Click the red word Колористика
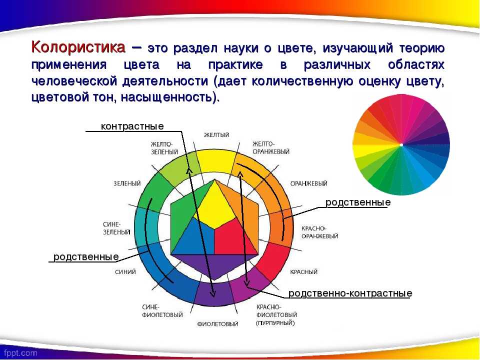click(78, 48)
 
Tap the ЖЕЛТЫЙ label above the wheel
click(216, 135)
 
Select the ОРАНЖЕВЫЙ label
click(308, 183)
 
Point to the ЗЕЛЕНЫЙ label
click(127, 183)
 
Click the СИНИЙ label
click(125, 272)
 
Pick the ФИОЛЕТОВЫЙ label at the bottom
click(217, 324)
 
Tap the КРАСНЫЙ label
click(303, 272)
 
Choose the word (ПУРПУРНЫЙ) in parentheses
click(275, 323)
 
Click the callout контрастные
click(132, 126)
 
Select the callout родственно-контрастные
click(350, 293)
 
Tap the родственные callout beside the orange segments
click(358, 202)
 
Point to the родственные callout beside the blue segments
click(86, 257)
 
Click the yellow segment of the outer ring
click(214, 160)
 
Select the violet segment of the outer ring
click(214, 293)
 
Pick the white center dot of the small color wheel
click(401, 145)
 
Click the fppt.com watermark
click(21, 353)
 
